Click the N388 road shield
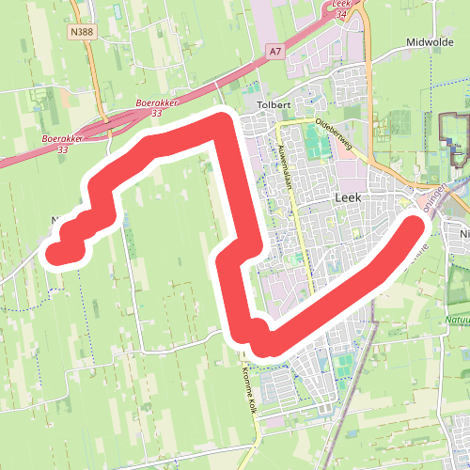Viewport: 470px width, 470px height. tap(82, 31)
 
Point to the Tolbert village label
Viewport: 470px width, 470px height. tap(273, 103)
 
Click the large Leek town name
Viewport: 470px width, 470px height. tap(349, 197)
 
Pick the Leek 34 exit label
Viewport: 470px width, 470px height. tap(342, 9)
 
